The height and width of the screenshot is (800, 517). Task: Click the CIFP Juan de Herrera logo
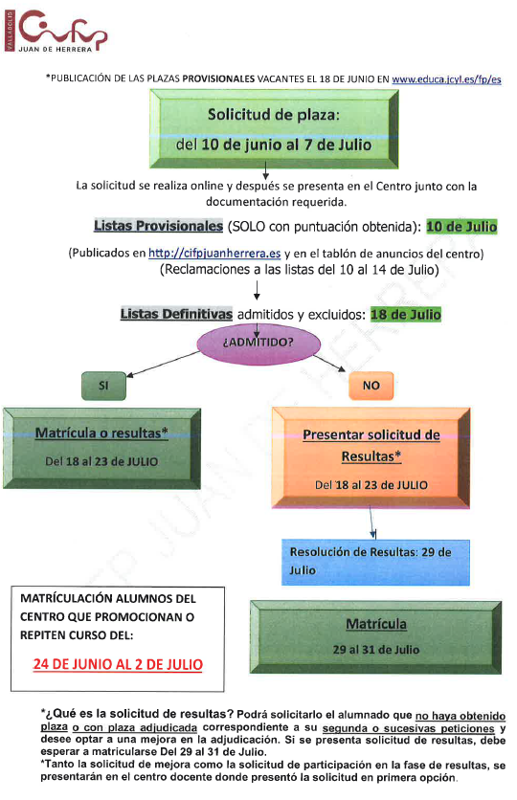[x=56, y=31]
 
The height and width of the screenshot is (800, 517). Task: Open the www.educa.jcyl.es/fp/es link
[x=446, y=79]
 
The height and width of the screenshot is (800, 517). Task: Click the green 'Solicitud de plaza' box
[x=274, y=129]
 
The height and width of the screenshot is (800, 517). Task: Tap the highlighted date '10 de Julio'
[x=461, y=227]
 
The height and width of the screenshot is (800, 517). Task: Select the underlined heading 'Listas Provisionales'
[x=158, y=226]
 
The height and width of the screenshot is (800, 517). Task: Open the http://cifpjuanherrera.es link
[x=214, y=253]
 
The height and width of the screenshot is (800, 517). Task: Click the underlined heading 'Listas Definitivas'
[x=176, y=314]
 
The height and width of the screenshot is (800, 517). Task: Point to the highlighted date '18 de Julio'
[x=406, y=314]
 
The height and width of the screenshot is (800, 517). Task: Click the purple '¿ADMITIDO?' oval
[x=258, y=343]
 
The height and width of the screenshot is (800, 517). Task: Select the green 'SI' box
[x=103, y=386]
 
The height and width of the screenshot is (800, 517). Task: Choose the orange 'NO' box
[x=371, y=386]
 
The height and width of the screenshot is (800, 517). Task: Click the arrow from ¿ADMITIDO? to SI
[x=164, y=364]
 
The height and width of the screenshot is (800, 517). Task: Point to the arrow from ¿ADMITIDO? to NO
[x=329, y=364]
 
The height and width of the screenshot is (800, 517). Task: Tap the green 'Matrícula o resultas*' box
[x=101, y=448]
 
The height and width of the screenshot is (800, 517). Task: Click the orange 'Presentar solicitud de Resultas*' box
[x=371, y=458]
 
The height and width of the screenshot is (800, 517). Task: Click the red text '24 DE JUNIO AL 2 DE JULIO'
[x=118, y=664]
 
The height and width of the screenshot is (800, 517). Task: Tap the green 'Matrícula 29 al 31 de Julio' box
[x=376, y=637]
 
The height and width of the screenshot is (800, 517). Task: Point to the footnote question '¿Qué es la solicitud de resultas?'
[x=137, y=714]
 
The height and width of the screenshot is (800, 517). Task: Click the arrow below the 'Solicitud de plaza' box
[x=265, y=170]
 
